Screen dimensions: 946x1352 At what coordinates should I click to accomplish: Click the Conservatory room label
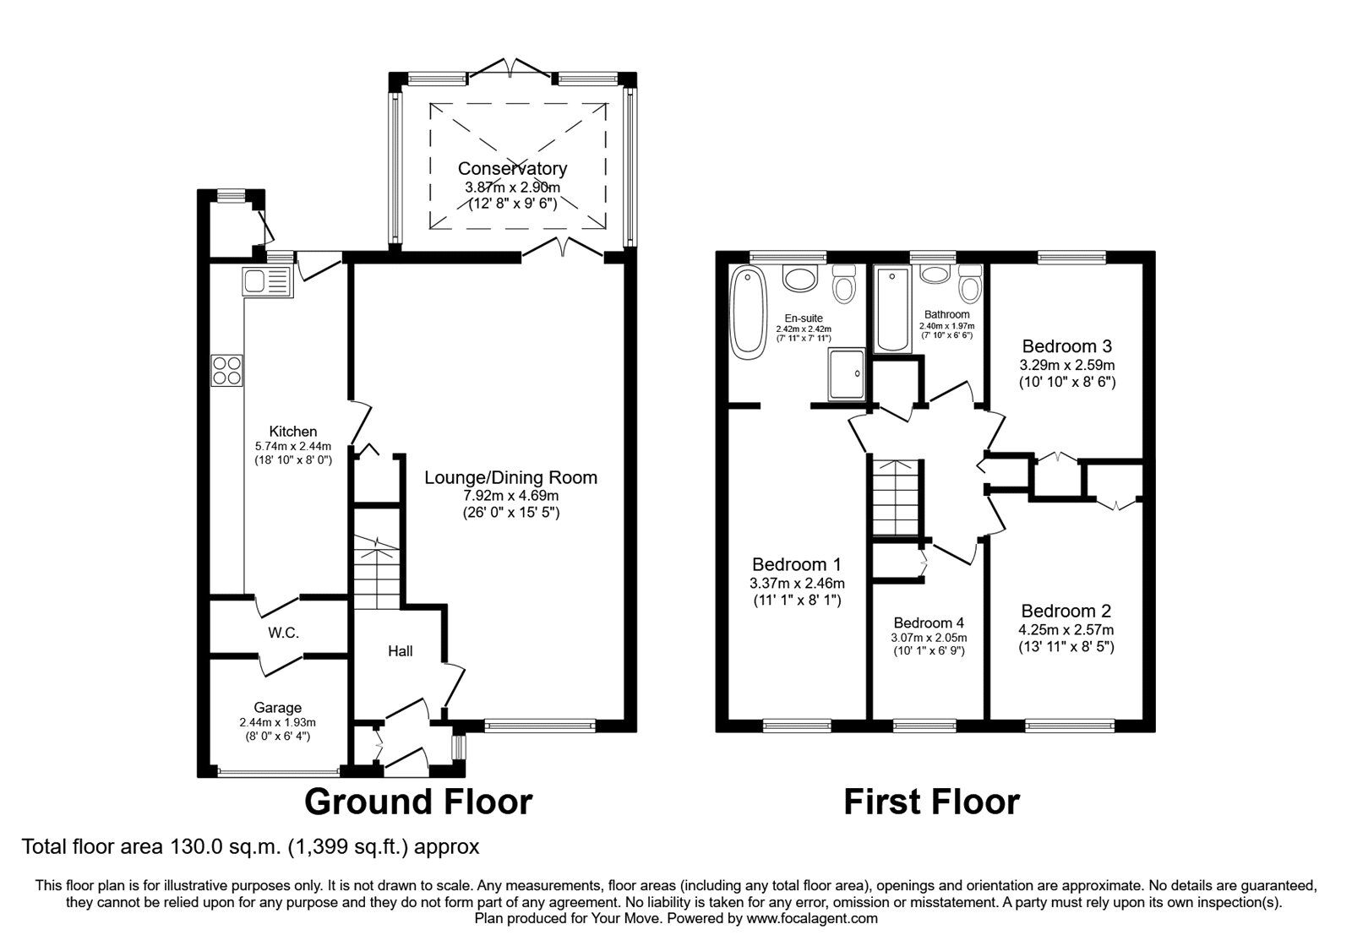[x=512, y=169]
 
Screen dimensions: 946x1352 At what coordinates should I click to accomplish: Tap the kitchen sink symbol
[x=266, y=281]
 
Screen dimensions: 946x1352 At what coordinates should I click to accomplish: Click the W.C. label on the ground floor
[x=284, y=633]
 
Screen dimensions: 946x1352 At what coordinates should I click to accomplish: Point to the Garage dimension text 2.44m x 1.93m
[x=277, y=722]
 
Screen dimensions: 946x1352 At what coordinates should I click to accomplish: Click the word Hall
[x=401, y=651]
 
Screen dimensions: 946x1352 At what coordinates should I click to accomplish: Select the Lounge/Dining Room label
[x=510, y=477]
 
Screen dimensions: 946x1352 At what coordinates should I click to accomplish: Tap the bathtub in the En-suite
[x=748, y=310]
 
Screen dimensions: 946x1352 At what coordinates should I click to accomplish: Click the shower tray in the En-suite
[x=847, y=373]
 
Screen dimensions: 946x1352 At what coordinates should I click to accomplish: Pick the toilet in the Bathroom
[x=970, y=285]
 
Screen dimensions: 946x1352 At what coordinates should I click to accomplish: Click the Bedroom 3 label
[x=1066, y=346]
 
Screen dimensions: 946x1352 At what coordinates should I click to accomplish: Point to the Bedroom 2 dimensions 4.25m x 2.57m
[x=1066, y=629]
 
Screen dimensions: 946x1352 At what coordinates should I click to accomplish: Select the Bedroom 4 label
[x=928, y=623]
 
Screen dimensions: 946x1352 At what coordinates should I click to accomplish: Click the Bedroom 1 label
[x=797, y=564]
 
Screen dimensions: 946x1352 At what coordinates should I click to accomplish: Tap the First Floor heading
[x=931, y=801]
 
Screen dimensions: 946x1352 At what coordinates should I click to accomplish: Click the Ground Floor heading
[x=418, y=801]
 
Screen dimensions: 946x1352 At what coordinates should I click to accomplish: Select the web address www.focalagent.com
[x=811, y=918]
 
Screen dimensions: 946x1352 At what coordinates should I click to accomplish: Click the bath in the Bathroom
[x=892, y=310]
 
